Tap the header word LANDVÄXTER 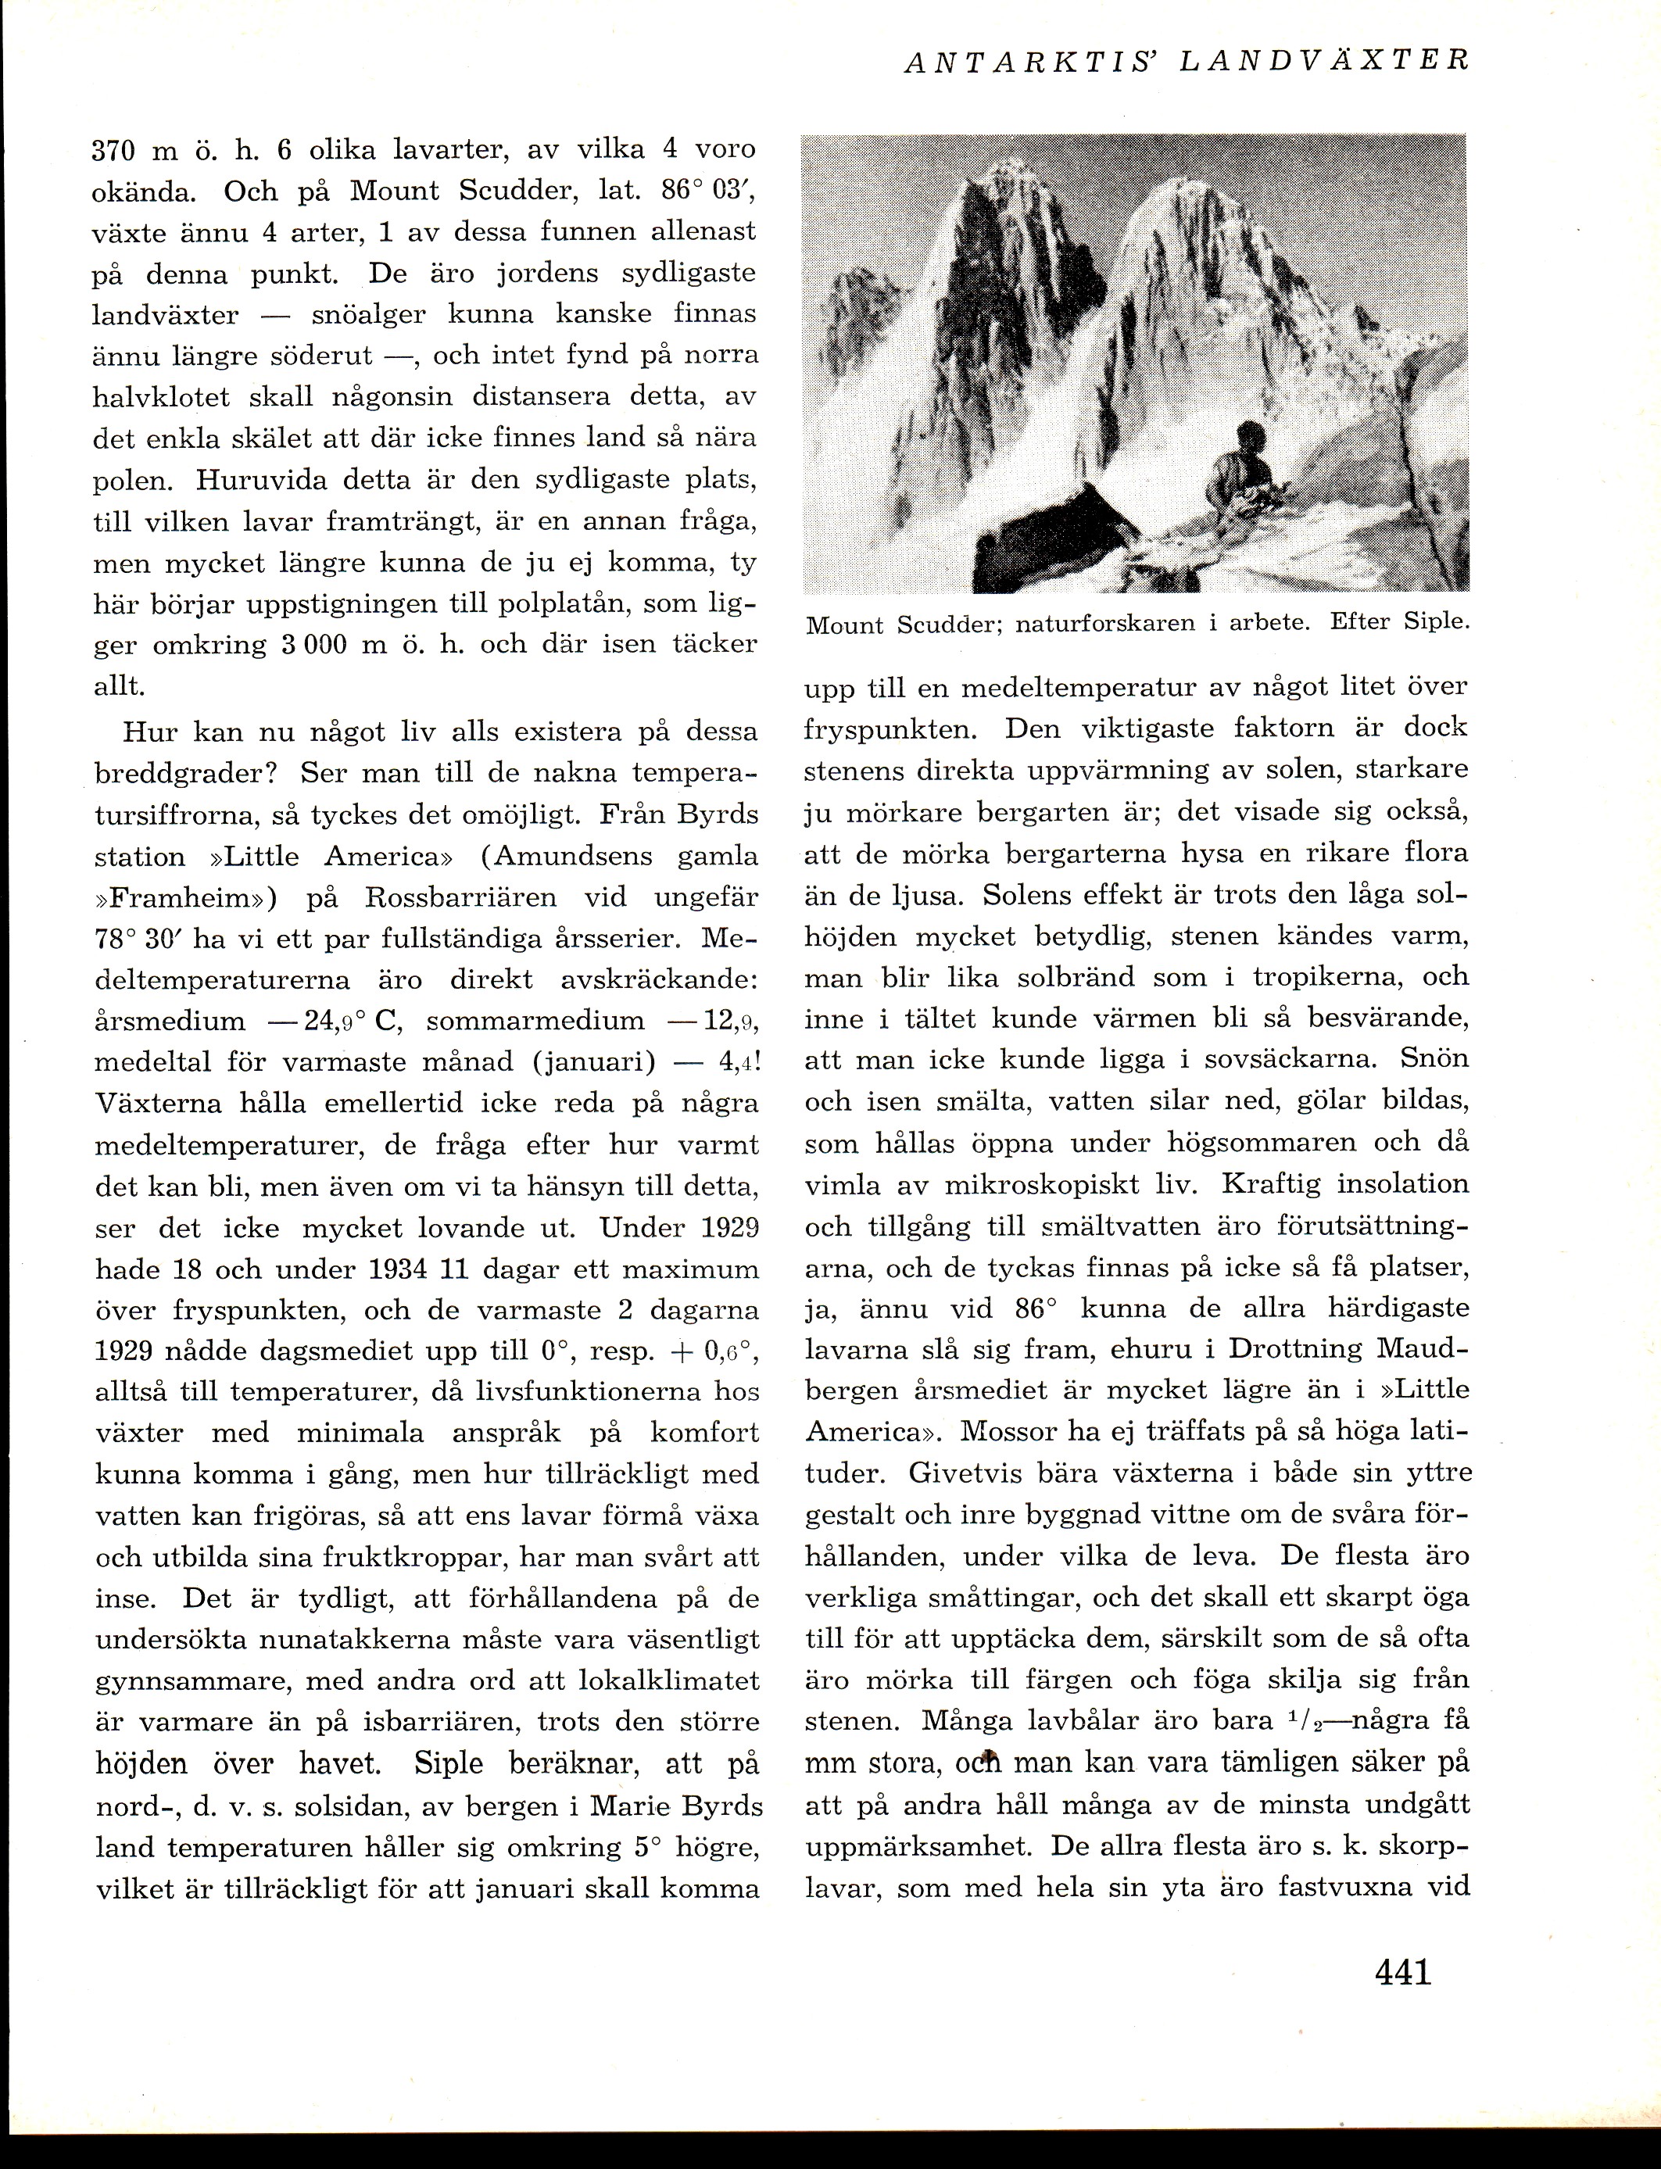[1325, 61]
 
